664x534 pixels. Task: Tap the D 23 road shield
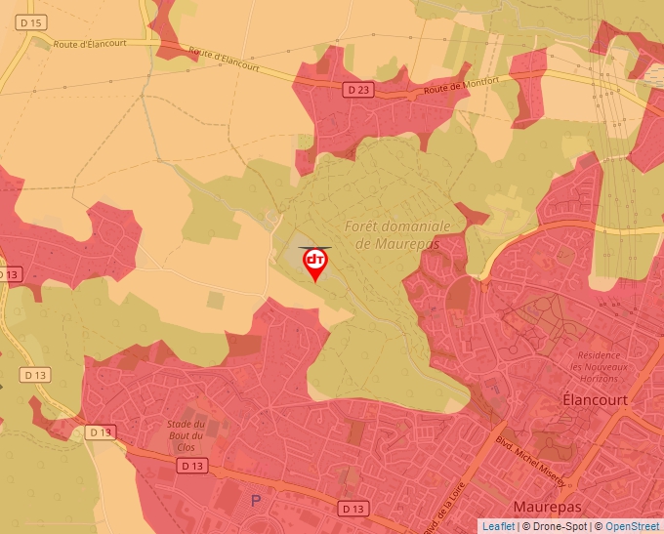click(x=358, y=89)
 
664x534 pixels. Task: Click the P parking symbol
click(x=257, y=500)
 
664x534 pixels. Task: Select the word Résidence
click(x=600, y=355)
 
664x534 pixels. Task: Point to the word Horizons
click(x=598, y=378)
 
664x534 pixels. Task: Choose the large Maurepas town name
click(x=547, y=508)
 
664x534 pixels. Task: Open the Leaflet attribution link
click(x=498, y=526)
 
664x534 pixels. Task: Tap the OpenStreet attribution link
click(x=634, y=526)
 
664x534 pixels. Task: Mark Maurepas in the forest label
click(x=398, y=244)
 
